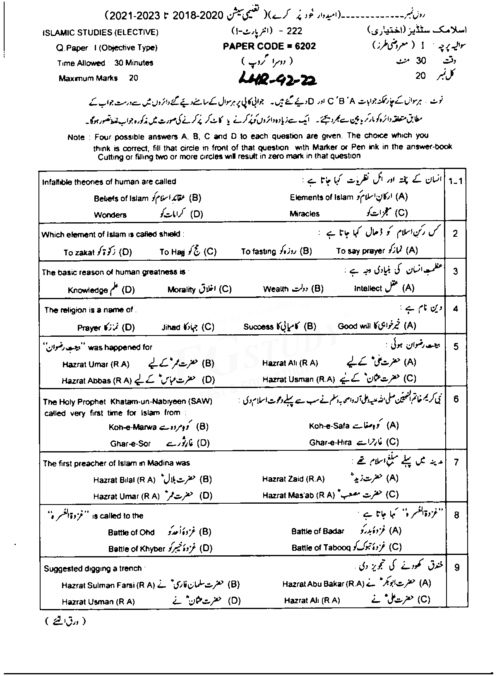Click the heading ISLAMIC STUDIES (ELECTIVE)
[x=100, y=32]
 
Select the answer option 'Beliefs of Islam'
[x=121, y=198]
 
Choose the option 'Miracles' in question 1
[x=305, y=214]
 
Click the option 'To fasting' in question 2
[x=259, y=251]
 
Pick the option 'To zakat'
[x=79, y=252]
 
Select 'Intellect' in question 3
[x=367, y=289]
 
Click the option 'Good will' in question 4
[x=354, y=326]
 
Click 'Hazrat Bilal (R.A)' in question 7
[x=124, y=480]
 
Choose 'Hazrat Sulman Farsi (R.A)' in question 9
[x=108, y=585]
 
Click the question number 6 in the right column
[x=456, y=399]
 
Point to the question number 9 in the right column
[x=456, y=568]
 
